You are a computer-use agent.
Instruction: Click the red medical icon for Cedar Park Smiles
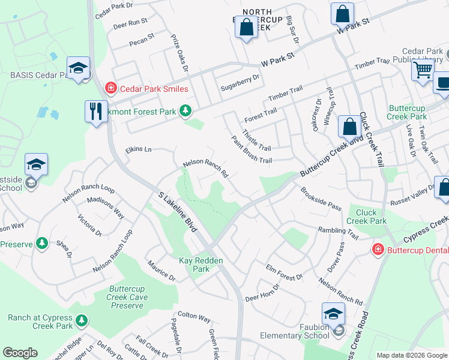pos(110,89)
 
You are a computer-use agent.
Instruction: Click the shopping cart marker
pos(423,70)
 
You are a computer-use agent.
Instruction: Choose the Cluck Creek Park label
pos(371,217)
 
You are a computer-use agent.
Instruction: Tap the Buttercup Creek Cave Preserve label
pos(127,297)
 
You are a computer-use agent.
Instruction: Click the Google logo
pos(20,353)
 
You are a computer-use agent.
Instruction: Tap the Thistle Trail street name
pos(257,140)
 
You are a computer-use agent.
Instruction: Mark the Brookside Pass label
pos(321,197)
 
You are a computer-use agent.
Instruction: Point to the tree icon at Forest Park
pos(186,110)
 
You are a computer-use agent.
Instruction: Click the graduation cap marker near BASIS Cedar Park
pos(78,69)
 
